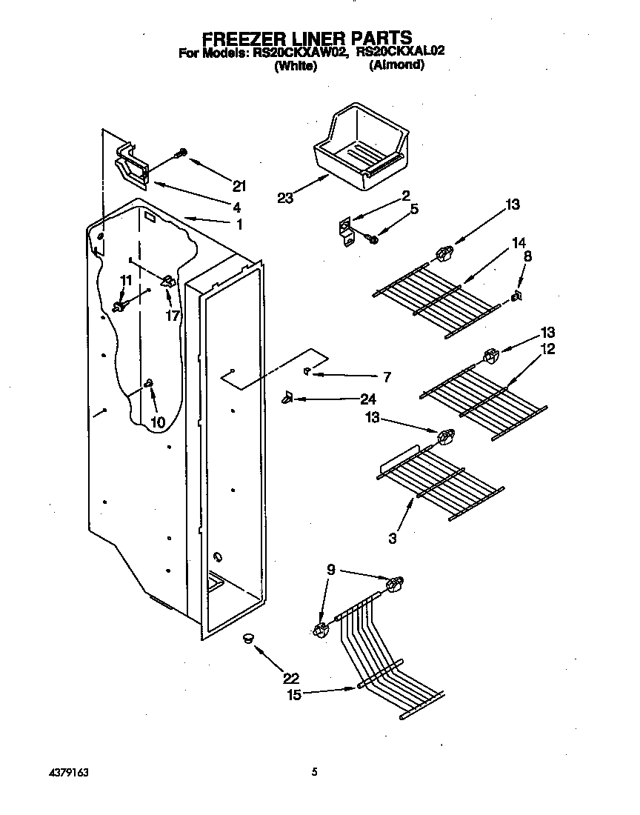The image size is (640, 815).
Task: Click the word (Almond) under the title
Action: (x=396, y=65)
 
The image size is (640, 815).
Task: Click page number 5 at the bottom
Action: (x=314, y=772)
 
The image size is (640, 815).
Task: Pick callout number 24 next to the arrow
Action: (x=368, y=399)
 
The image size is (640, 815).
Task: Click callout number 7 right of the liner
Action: (x=387, y=376)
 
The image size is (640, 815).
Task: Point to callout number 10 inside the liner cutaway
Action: (x=157, y=422)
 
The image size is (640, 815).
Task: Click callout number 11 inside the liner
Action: (x=126, y=279)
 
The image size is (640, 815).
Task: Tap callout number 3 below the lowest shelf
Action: (x=393, y=538)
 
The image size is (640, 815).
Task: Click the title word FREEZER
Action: (x=243, y=38)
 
